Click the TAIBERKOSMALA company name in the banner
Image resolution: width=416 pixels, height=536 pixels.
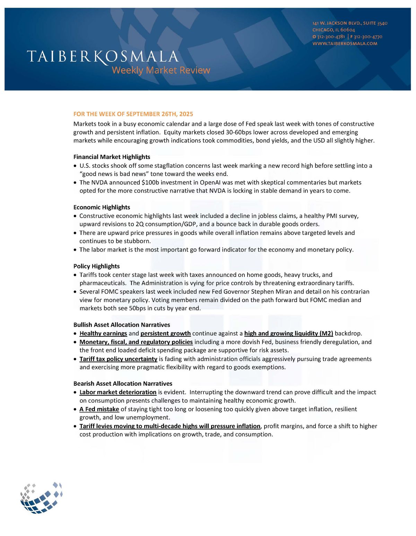point(103,56)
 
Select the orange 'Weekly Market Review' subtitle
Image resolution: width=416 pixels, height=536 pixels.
point(161,70)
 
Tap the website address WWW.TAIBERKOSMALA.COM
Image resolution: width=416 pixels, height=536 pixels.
point(345,44)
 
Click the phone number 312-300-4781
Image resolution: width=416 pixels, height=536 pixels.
point(331,37)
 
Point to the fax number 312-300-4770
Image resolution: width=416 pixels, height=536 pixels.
point(368,37)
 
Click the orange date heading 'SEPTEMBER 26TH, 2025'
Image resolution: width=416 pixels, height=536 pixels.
point(159,114)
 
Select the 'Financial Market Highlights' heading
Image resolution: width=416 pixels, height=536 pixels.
point(112,157)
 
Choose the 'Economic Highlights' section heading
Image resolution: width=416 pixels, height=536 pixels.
point(102,207)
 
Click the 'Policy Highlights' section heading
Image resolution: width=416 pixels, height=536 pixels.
point(96,266)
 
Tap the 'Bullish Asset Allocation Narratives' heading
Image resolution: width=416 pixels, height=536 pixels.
point(122,325)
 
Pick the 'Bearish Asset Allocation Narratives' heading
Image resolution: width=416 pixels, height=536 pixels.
point(123,384)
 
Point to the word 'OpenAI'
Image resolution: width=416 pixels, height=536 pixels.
point(210,183)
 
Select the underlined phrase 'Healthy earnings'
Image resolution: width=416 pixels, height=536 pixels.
point(103,333)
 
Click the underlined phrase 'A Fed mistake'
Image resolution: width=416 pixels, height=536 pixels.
point(99,409)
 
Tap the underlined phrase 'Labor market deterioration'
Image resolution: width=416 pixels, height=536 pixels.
point(118,392)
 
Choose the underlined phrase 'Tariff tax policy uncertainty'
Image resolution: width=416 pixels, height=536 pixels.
point(118,359)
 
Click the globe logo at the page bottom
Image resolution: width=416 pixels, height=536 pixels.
point(42,498)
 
